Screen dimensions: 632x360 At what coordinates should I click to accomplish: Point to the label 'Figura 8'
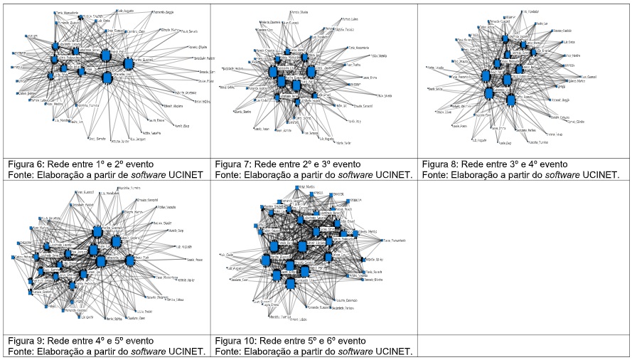point(439,163)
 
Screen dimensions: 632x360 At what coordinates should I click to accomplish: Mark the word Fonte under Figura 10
point(228,351)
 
